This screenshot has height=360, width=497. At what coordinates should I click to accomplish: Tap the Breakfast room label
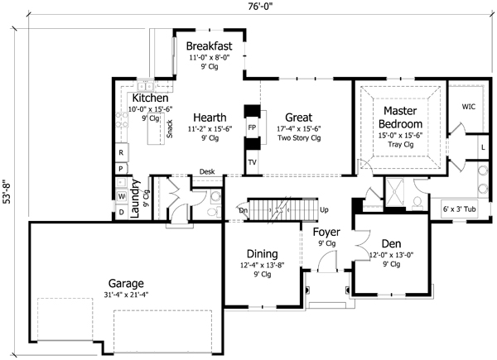coord(208,45)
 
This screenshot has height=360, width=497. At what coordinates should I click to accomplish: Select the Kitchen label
coord(151,98)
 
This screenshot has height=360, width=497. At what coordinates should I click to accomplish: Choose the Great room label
coord(298,118)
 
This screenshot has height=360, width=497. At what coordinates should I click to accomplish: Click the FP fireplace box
coord(252,128)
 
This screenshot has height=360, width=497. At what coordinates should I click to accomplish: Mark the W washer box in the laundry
coord(121,196)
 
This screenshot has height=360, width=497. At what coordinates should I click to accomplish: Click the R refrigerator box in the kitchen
coord(121,153)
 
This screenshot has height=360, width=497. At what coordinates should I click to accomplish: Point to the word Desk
coord(207,173)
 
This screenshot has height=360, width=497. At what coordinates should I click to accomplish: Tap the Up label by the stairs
coord(324,210)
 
